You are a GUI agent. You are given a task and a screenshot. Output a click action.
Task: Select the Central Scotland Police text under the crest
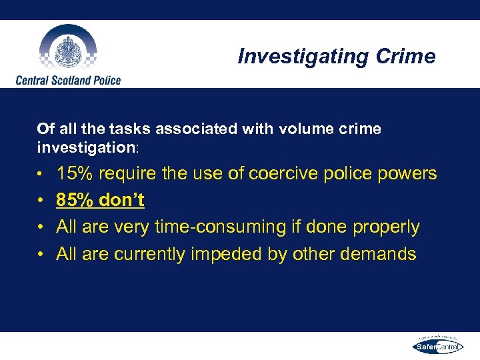[x=68, y=80]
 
